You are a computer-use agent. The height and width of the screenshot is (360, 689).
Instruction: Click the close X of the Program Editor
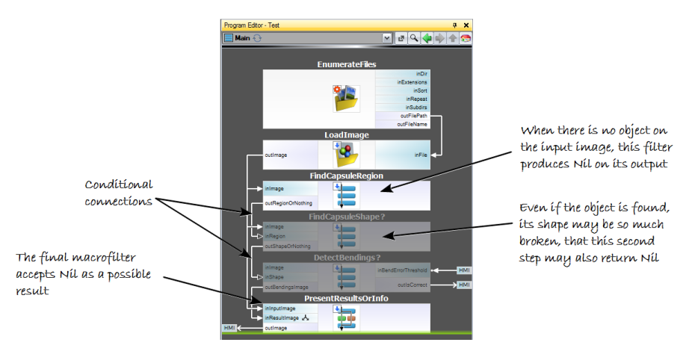click(466, 25)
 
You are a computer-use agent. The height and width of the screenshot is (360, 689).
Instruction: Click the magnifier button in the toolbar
click(413, 38)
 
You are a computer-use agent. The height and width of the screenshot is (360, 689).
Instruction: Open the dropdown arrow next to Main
click(387, 38)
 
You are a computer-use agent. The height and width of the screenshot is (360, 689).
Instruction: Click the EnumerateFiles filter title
click(346, 65)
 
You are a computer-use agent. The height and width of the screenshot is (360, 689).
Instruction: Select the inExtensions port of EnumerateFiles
click(412, 81)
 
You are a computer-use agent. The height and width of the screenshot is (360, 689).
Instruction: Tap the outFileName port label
click(413, 124)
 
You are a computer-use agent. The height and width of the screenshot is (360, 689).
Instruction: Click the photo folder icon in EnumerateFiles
click(346, 98)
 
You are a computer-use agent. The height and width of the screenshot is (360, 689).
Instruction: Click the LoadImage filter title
click(346, 135)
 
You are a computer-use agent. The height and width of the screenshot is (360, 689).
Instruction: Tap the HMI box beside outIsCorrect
click(464, 285)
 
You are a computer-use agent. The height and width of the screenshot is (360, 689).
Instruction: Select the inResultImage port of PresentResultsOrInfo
click(282, 317)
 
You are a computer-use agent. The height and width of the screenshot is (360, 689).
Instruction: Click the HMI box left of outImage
click(230, 328)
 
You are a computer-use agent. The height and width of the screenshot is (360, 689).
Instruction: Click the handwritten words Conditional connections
click(119, 193)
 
